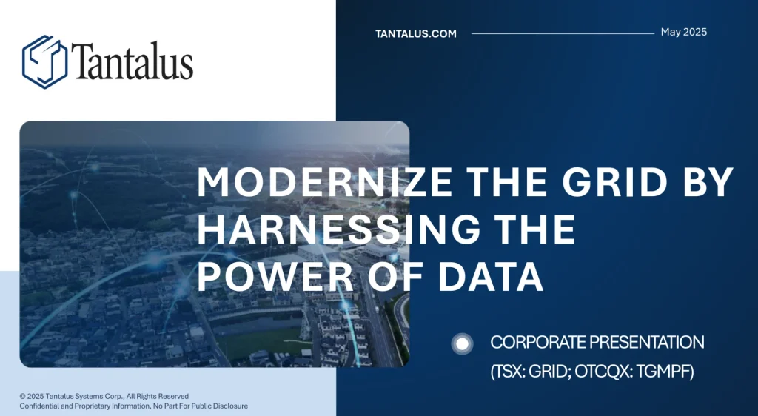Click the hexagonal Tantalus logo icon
(x=44, y=62)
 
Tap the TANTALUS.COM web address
(x=416, y=34)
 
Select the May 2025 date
(x=683, y=32)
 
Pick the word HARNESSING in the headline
(x=338, y=229)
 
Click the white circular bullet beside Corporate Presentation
(x=462, y=344)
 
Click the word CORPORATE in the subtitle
(x=538, y=342)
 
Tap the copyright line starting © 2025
(x=104, y=396)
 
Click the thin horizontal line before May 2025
(x=563, y=34)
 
